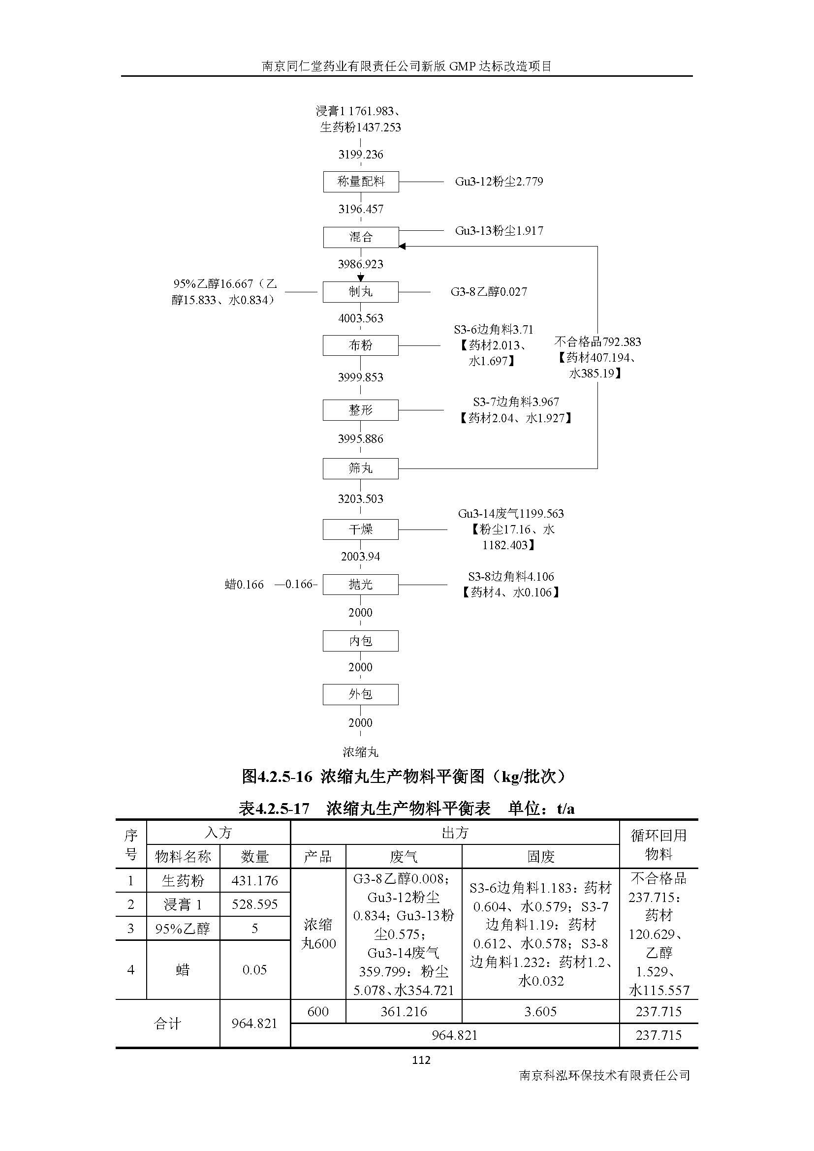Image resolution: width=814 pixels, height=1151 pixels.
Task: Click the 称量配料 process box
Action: [x=360, y=182]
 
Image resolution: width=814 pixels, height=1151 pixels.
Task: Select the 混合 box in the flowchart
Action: [x=360, y=237]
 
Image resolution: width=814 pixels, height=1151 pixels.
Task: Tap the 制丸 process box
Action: [x=360, y=292]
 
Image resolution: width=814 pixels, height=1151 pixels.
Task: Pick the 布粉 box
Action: [x=360, y=345]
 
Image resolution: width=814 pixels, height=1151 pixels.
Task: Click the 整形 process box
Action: [x=360, y=410]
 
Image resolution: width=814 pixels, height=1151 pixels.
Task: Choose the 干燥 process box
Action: [x=360, y=529]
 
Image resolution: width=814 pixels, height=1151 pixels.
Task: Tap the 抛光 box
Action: [x=360, y=585]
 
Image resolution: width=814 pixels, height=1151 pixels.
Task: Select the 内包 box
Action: [x=360, y=641]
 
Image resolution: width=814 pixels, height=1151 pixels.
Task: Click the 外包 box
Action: [x=360, y=694]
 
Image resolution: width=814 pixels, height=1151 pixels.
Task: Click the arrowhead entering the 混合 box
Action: [x=402, y=246]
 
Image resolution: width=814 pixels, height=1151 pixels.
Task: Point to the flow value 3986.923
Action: [x=360, y=264]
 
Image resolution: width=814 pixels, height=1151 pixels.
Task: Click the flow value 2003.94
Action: [x=360, y=557]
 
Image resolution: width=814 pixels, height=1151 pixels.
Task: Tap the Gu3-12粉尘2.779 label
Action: [x=499, y=182]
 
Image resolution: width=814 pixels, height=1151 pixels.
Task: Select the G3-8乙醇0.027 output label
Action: [x=489, y=292]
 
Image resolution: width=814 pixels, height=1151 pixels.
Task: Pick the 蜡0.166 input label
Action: [x=244, y=585]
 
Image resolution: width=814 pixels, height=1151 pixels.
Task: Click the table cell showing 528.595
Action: [x=254, y=904]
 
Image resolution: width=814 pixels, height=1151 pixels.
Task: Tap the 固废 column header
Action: [x=540, y=857]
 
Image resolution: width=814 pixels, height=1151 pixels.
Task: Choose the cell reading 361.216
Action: [x=404, y=1012]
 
